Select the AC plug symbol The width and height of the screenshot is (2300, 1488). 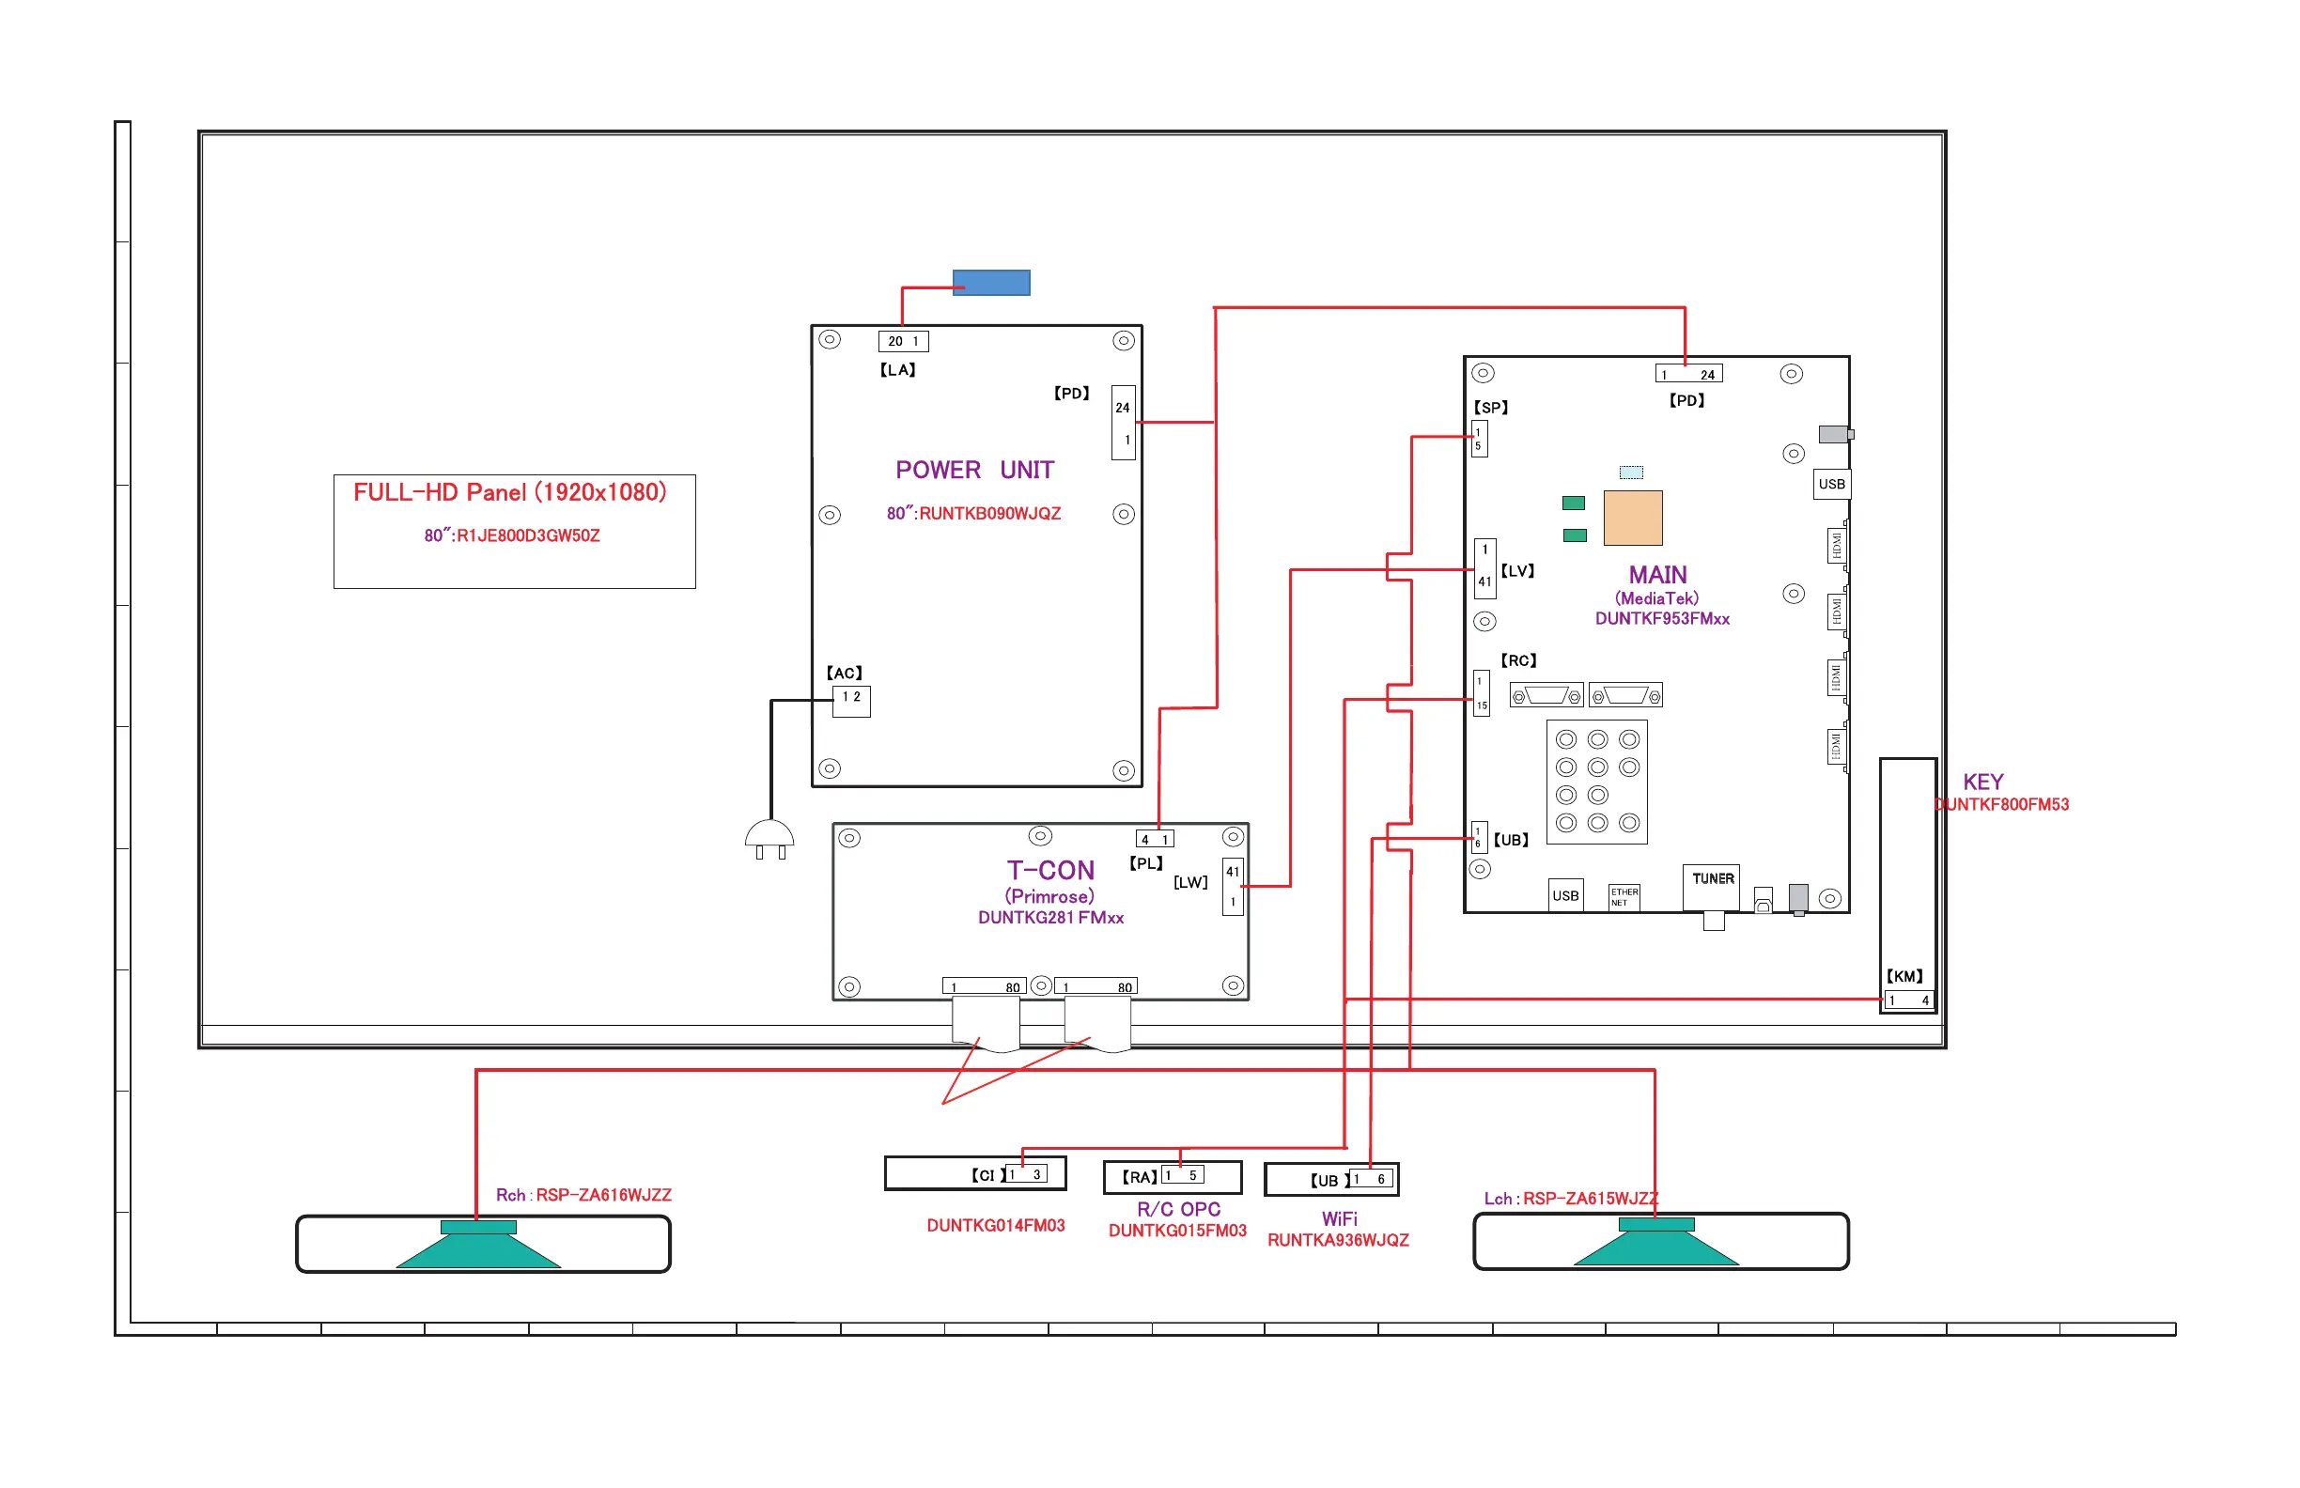click(x=769, y=839)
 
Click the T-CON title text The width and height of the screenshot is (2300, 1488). click(x=1050, y=871)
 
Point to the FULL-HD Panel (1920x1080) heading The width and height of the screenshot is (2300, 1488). click(x=509, y=493)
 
